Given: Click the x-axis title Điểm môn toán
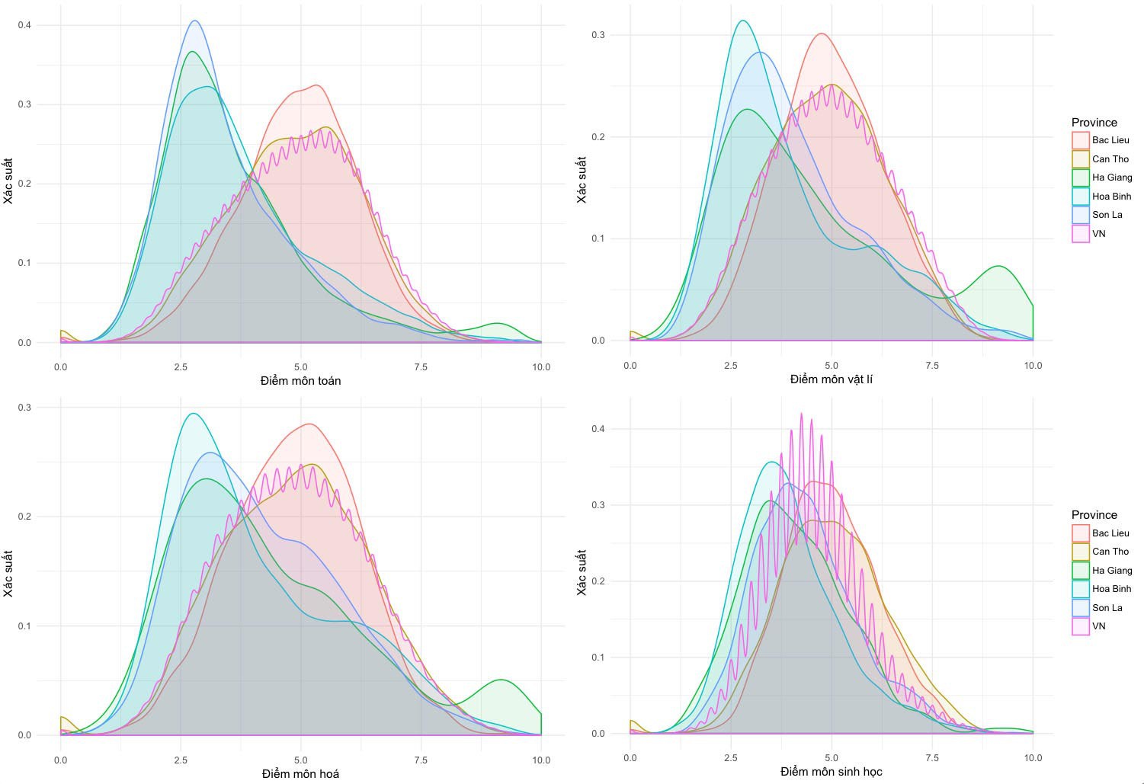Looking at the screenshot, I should (300, 380).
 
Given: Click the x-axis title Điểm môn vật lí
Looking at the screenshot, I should (831, 379).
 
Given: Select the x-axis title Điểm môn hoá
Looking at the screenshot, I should (300, 773).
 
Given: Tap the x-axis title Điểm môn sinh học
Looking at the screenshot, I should (831, 772).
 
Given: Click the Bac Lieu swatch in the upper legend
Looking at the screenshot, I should (1080, 140).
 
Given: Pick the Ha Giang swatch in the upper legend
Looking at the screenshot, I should (1080, 178).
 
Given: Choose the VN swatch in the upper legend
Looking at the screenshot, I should (1080, 234).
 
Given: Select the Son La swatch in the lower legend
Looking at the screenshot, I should (1080, 608).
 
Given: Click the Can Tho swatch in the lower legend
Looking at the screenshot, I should (1080, 552).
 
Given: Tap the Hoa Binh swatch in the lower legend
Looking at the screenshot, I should (1080, 589).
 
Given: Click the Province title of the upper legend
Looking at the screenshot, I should (1094, 123).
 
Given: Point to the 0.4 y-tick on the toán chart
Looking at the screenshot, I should (24, 25).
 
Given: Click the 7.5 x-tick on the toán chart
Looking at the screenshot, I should (421, 367).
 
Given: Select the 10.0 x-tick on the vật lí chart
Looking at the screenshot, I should (1032, 366).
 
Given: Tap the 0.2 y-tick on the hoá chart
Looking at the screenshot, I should (24, 517).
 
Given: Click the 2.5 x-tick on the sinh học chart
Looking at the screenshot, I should (731, 758).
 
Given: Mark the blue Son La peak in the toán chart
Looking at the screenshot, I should (195, 21).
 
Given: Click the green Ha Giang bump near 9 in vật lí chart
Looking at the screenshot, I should (998, 267).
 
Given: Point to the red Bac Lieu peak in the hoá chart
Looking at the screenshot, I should (309, 424).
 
